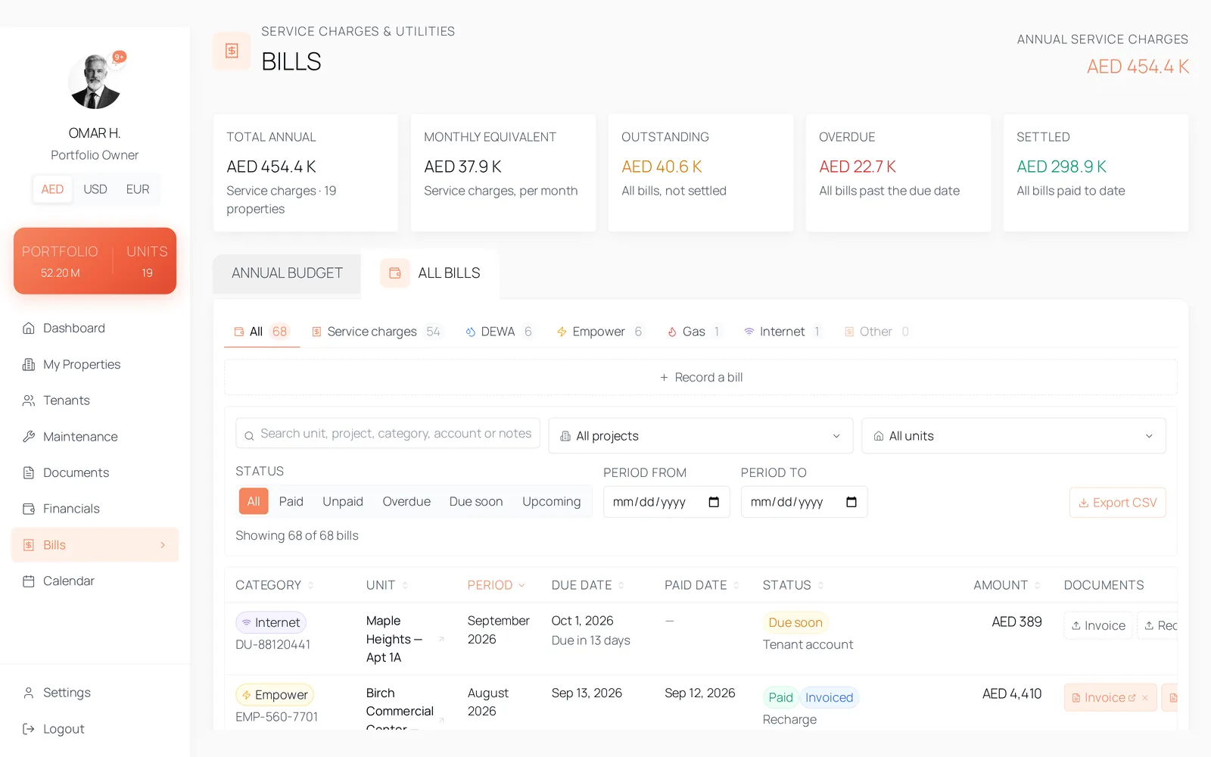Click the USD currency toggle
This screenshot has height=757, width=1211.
tap(95, 189)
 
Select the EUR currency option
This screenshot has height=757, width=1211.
tap(137, 189)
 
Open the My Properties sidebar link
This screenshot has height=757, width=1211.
tap(82, 364)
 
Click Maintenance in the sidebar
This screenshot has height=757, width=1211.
tap(80, 436)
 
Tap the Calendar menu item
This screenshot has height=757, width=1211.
tap(69, 581)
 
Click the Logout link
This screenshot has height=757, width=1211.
tap(64, 729)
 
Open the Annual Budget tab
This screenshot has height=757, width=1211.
tap(287, 273)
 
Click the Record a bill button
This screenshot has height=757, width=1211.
tap(701, 378)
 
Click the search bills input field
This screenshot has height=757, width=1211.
tap(388, 433)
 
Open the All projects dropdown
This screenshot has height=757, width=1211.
tap(701, 436)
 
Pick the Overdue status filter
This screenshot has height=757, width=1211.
tap(406, 501)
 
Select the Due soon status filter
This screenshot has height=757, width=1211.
tap(476, 501)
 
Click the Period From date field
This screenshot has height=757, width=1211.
tap(667, 502)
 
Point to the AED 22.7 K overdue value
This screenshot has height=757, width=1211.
tap(858, 167)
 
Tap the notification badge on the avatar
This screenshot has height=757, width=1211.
tap(119, 57)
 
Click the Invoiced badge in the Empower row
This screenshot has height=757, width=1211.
tap(829, 697)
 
